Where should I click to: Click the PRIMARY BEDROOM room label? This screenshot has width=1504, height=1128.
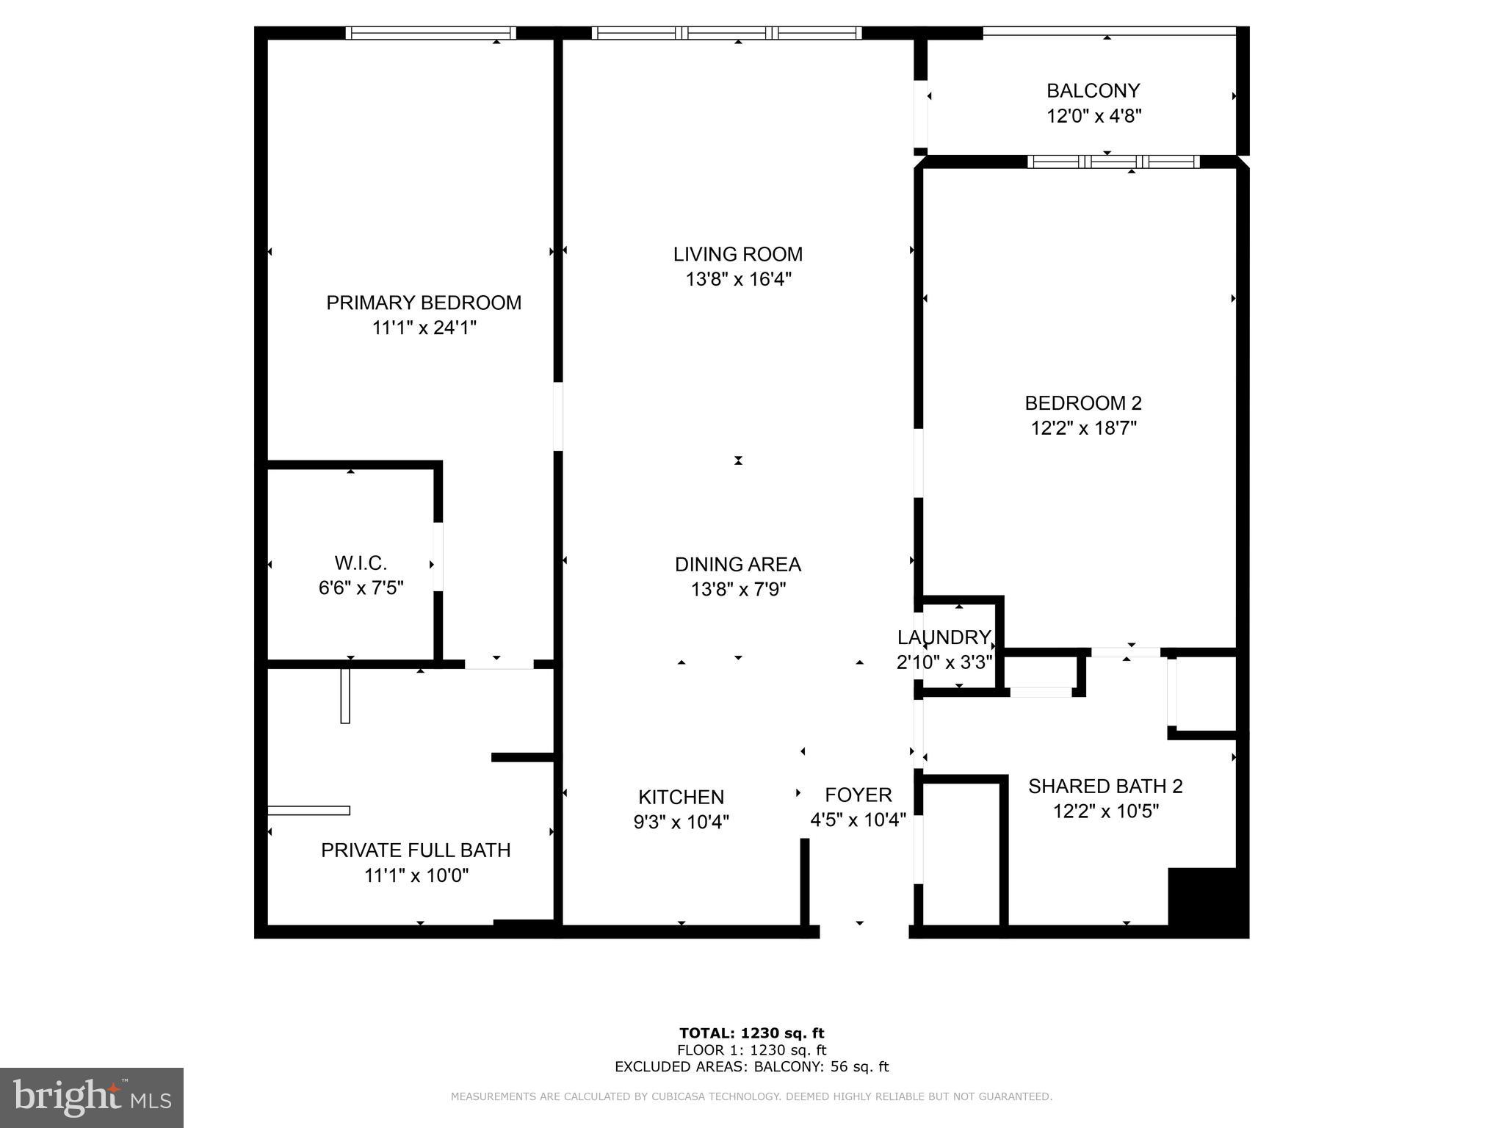424,303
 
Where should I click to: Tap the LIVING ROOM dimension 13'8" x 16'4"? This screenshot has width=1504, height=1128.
738,279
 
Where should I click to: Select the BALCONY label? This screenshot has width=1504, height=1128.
1093,91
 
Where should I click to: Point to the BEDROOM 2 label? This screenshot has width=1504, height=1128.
1083,403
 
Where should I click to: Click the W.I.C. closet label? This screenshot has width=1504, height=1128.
361,563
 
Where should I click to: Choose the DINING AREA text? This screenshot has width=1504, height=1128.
737,565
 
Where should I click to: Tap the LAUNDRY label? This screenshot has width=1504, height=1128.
944,637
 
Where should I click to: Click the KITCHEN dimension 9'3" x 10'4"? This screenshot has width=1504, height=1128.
681,822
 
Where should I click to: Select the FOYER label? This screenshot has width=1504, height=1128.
858,795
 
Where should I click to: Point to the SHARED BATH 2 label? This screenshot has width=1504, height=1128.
1105,787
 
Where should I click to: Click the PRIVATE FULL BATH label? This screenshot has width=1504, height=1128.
416,850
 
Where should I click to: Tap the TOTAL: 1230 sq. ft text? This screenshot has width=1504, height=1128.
751,1033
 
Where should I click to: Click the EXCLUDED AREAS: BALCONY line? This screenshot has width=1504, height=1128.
751,1066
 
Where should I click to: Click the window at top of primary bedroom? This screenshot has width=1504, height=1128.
431,33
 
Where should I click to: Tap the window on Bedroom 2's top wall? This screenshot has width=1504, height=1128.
1113,162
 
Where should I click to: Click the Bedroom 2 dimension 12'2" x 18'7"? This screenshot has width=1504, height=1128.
1083,428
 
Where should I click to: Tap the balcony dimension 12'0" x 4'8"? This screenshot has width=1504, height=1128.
1093,116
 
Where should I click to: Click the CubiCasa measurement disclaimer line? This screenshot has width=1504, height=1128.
751,1096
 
